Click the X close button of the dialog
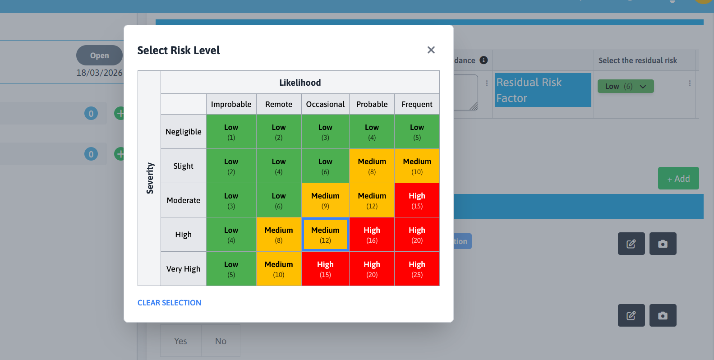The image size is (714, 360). (431, 50)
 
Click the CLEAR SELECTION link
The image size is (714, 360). (169, 303)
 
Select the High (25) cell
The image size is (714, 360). (417, 269)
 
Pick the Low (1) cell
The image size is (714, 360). (231, 132)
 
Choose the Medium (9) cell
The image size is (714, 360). (325, 200)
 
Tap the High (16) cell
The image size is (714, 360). (372, 235)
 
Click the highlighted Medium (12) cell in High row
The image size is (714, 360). (325, 235)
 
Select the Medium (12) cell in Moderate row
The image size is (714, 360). (372, 200)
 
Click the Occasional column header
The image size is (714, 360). (325, 104)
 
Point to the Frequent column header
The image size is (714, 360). (417, 104)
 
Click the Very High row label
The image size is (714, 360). (183, 269)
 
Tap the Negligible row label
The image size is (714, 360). (183, 132)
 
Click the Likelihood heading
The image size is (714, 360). (300, 83)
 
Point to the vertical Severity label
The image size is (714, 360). (150, 178)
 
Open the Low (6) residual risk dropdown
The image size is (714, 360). (625, 86)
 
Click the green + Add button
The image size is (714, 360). (678, 179)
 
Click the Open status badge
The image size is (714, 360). (99, 55)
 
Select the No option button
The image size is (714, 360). (221, 341)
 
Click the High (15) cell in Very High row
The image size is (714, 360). (325, 269)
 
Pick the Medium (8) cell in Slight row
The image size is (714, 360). (372, 166)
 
